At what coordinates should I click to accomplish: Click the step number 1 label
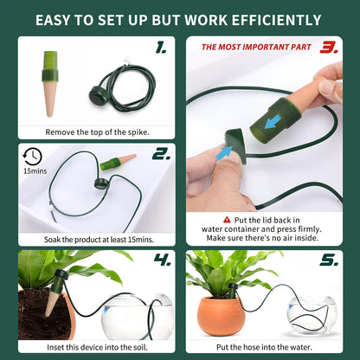coord(161,49)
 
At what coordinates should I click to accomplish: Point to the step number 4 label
coord(161,259)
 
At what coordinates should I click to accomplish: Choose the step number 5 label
coord(329,259)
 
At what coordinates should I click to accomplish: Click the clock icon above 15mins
coord(32,157)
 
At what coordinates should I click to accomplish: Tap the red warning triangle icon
coord(227,220)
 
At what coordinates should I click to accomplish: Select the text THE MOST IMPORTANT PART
coord(254,48)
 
